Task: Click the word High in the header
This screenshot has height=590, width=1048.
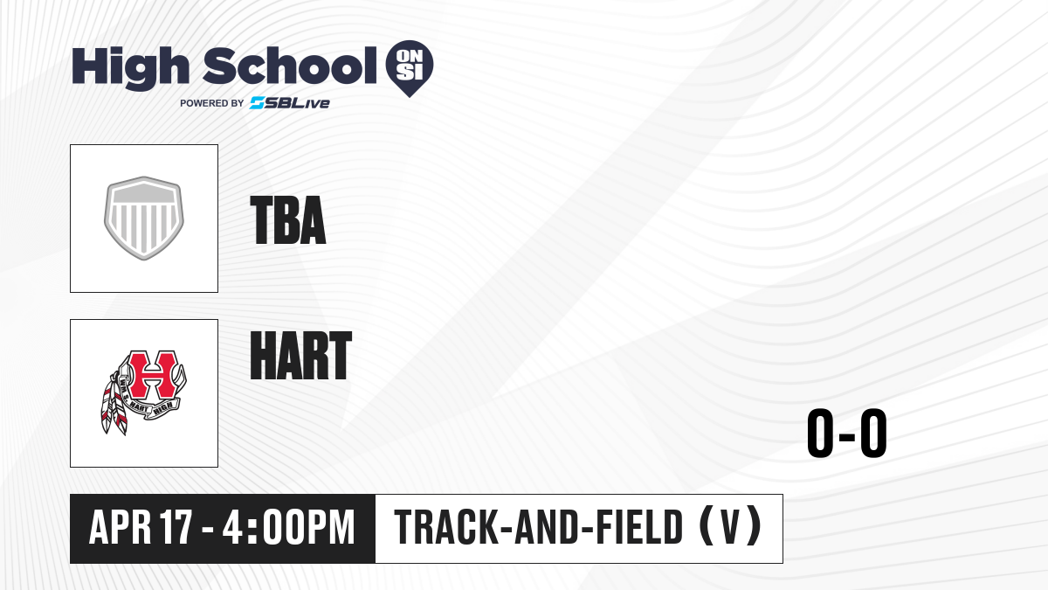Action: (130, 68)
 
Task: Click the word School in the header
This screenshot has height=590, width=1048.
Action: (290, 66)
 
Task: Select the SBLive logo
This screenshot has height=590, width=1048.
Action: (290, 103)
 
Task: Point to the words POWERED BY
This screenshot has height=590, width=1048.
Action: (212, 103)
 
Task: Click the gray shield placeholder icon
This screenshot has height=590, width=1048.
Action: (144, 219)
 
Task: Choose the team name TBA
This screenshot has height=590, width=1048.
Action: (287, 220)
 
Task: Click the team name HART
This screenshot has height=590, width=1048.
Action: (300, 356)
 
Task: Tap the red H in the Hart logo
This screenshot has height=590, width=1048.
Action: (153, 375)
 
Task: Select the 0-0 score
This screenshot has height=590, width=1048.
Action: (847, 434)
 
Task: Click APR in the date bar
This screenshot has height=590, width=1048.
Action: (121, 528)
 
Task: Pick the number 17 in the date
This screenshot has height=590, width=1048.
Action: (176, 528)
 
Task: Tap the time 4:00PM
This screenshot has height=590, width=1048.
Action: (288, 528)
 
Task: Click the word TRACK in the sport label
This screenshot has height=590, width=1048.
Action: (446, 528)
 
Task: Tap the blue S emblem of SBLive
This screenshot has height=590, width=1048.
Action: (258, 103)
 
